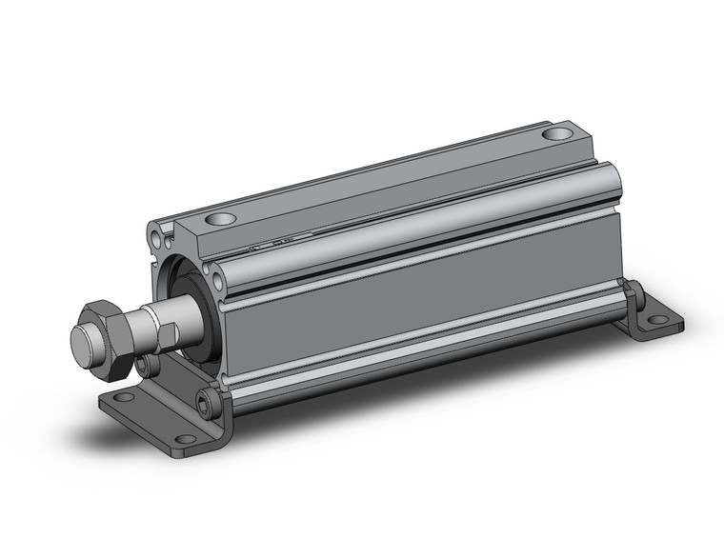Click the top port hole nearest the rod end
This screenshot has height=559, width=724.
(220, 220)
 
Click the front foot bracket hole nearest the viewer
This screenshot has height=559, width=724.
(185, 439)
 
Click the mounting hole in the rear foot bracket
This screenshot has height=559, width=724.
(657, 320)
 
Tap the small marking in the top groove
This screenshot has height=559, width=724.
(286, 241)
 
